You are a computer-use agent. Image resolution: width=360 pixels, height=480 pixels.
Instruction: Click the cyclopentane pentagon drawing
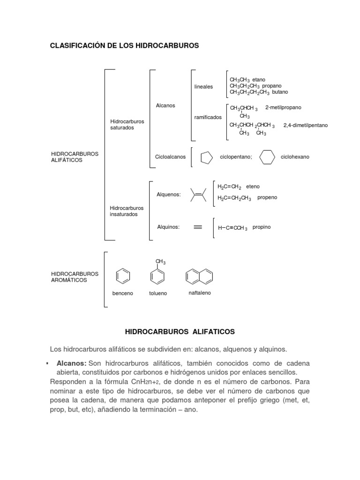click(206, 157)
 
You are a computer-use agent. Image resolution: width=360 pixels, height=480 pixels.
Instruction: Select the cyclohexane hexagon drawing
click(267, 157)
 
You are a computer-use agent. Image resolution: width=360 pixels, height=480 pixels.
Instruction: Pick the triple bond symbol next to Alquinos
click(198, 227)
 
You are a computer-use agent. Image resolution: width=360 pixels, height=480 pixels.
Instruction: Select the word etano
click(259, 80)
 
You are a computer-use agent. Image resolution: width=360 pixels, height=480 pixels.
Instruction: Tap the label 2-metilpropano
click(283, 107)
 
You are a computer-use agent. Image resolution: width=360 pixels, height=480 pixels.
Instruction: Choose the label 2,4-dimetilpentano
click(306, 125)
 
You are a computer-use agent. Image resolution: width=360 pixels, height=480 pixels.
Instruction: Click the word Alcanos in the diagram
click(165, 105)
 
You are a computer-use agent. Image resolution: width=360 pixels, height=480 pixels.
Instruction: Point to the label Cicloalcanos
click(170, 157)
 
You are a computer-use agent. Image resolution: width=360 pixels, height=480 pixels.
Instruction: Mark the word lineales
click(203, 87)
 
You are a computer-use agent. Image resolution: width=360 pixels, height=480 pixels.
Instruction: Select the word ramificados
click(208, 117)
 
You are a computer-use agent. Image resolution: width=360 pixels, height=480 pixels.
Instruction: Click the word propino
click(262, 227)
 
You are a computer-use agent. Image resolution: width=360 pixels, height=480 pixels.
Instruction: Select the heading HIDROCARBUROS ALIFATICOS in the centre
click(180, 331)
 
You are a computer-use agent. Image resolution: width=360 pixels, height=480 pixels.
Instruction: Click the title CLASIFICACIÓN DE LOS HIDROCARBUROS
click(125, 45)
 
